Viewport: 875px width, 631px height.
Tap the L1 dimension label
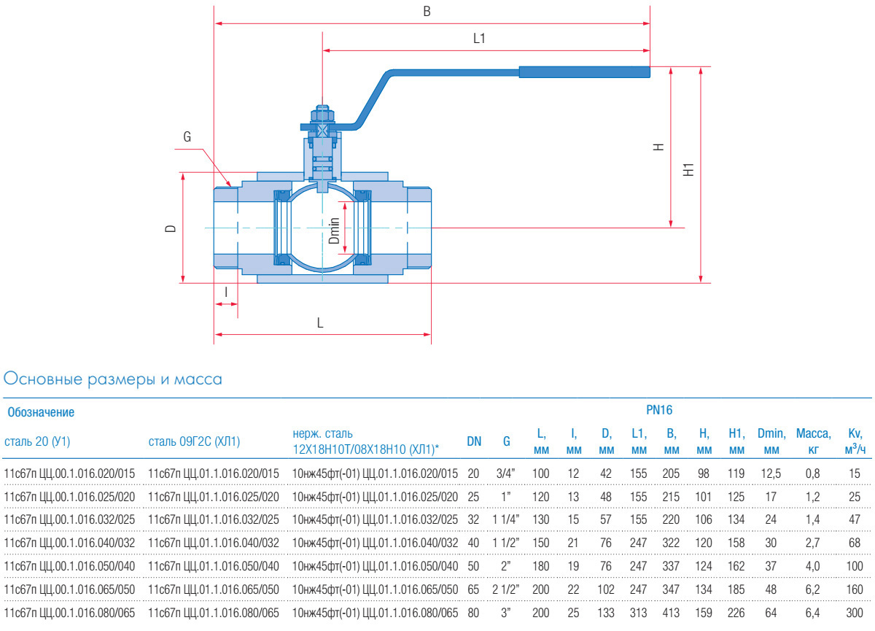(x=479, y=39)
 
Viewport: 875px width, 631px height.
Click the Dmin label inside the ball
(x=334, y=230)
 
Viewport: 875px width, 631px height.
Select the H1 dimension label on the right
(x=688, y=171)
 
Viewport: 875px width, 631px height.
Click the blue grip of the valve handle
(x=583, y=71)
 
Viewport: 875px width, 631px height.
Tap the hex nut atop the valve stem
(x=322, y=115)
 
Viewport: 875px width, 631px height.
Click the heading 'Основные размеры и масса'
(x=113, y=379)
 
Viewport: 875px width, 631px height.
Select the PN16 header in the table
(x=658, y=411)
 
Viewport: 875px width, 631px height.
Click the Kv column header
(x=855, y=441)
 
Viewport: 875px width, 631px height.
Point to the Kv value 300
(x=855, y=611)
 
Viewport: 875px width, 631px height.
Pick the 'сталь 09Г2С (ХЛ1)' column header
(x=194, y=441)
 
